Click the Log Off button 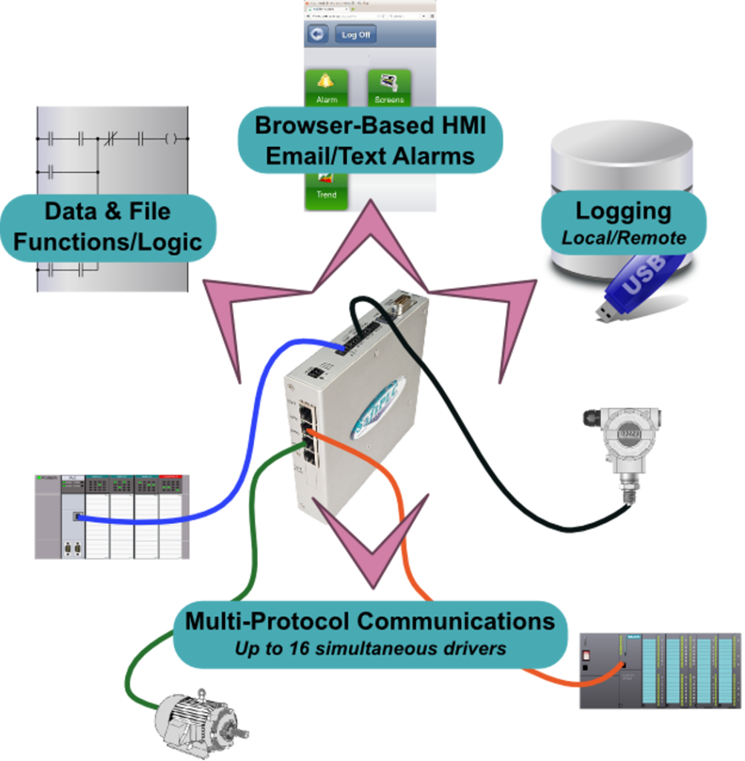pos(355,35)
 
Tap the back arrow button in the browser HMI pos(319,35)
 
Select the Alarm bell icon pos(326,87)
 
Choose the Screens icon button pos(389,87)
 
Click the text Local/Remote pos(623,239)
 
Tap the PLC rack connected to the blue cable pos(111,516)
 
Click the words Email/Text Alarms pos(370,156)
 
